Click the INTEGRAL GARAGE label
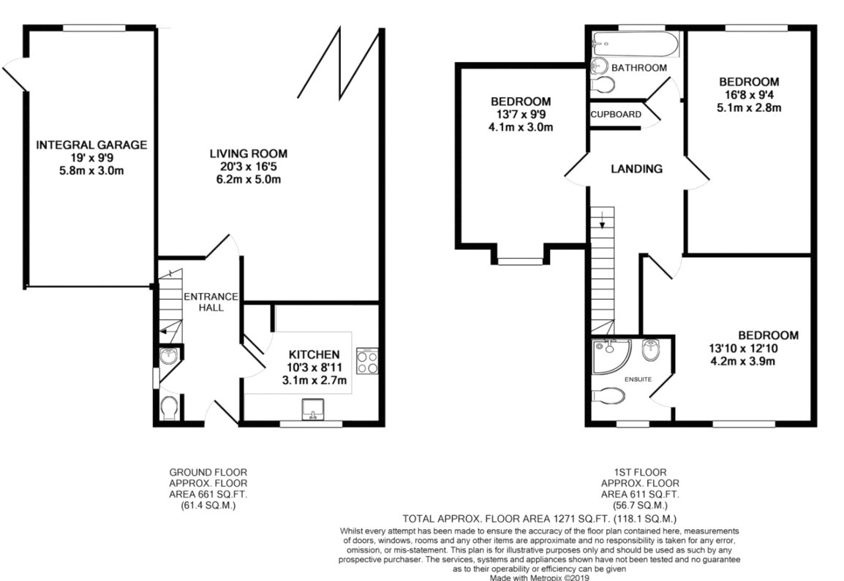click(91, 145)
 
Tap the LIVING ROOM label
click(249, 153)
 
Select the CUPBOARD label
click(617, 115)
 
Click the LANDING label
click(637, 169)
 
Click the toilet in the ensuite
click(609, 396)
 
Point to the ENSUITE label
click(638, 379)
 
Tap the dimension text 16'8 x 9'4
click(748, 95)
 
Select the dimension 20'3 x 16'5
click(249, 167)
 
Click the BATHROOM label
click(639, 68)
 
